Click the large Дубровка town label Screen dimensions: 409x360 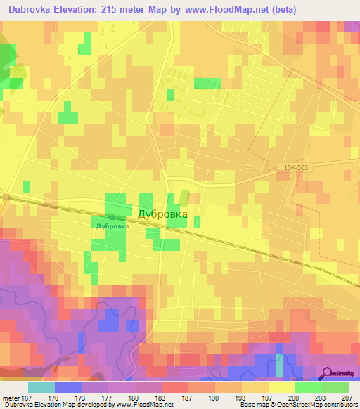[x=162, y=215]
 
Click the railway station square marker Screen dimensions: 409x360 [x=112, y=218]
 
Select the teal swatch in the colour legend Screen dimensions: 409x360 [x=41, y=387]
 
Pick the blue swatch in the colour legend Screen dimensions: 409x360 [x=67, y=387]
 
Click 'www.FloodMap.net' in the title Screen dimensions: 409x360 [x=217, y=9]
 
